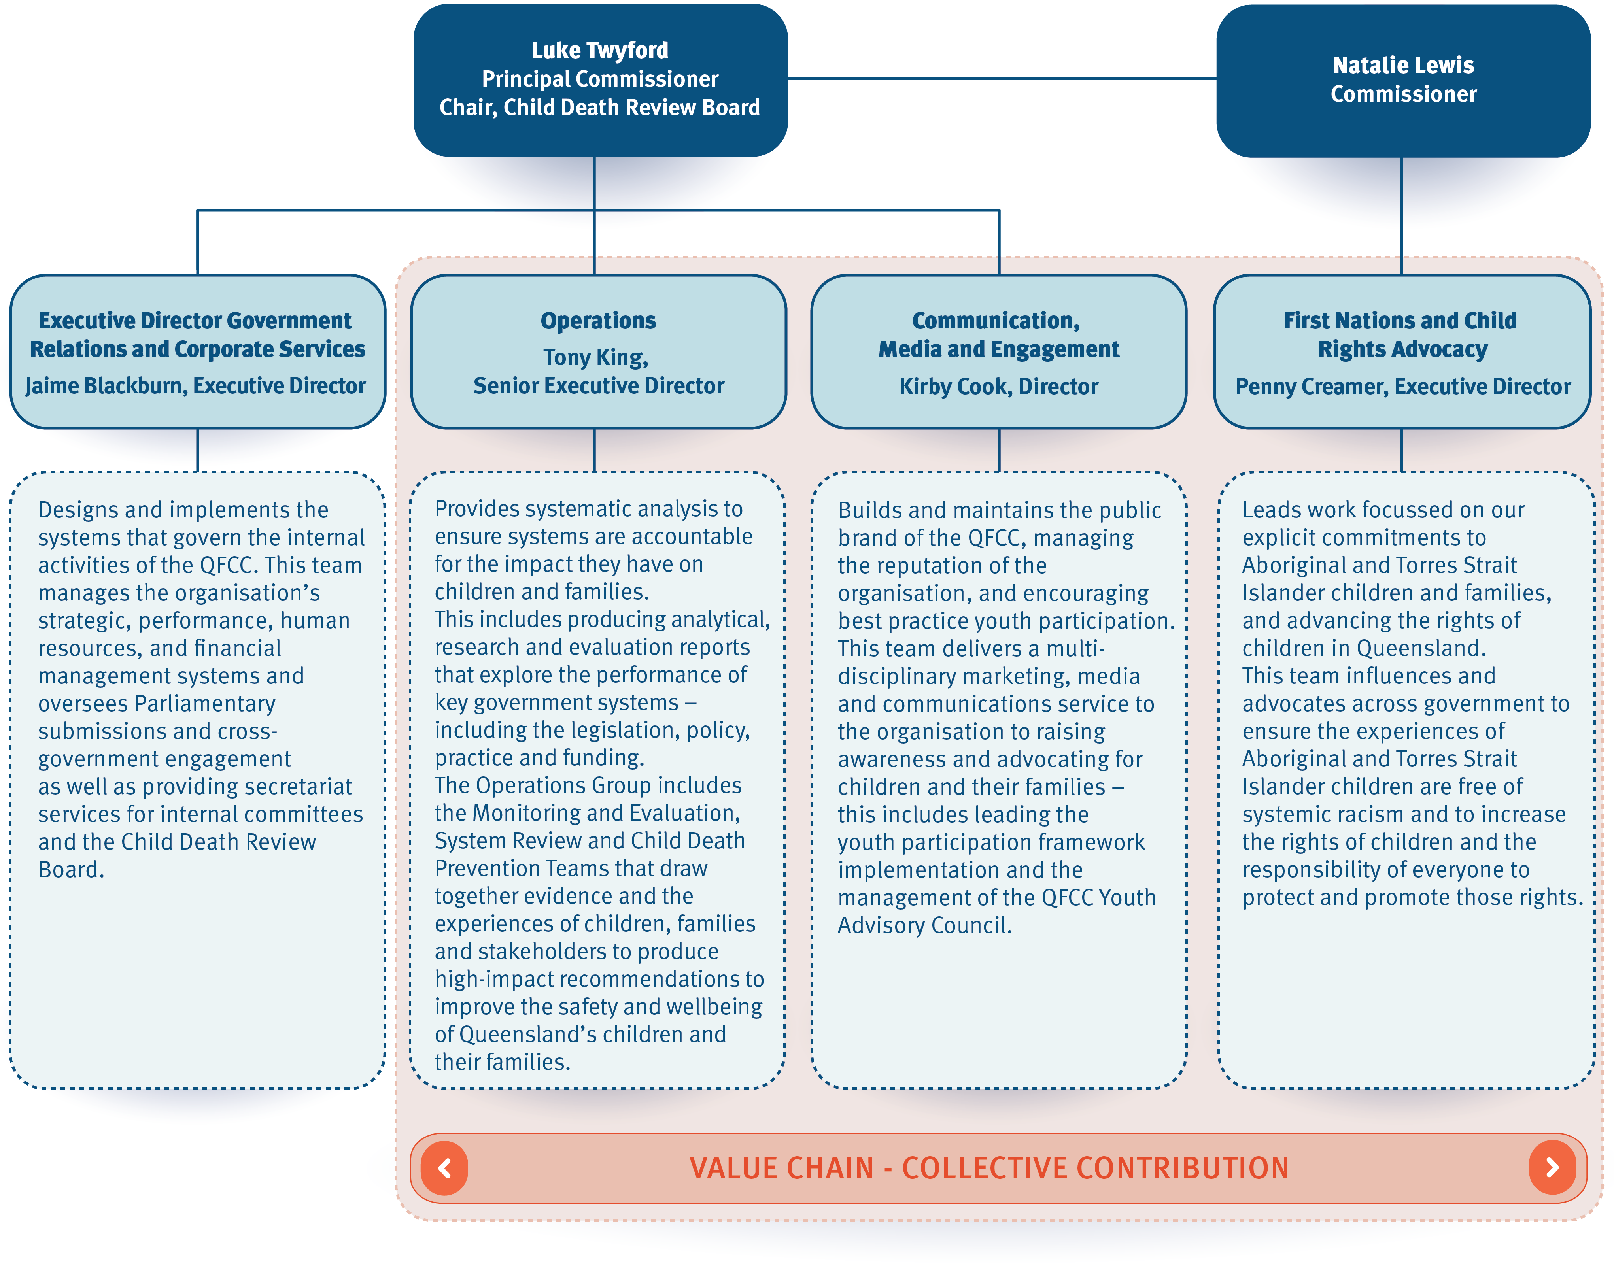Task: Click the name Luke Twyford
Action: point(600,50)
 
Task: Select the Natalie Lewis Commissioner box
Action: point(1403,81)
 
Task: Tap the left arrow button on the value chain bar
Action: point(445,1168)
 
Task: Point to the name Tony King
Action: point(595,357)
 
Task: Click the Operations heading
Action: point(598,320)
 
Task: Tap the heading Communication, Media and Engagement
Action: point(999,334)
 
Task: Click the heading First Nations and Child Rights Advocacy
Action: point(1400,334)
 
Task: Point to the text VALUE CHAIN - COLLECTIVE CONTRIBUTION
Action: point(989,1168)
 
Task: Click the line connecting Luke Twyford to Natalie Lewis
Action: point(1002,78)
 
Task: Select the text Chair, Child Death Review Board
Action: point(600,107)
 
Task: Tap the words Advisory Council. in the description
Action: point(924,925)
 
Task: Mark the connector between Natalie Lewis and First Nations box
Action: point(1401,216)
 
